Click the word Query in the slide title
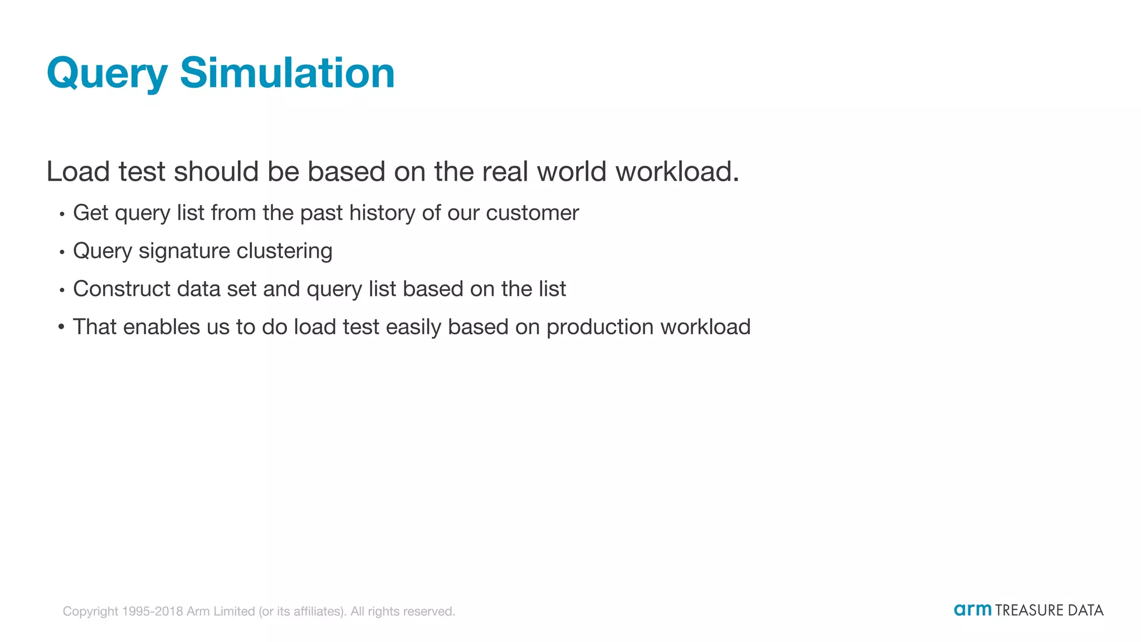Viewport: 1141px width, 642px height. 107,74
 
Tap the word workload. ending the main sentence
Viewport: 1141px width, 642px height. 677,171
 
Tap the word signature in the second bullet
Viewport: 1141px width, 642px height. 184,251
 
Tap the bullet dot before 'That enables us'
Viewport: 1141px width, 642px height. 61,327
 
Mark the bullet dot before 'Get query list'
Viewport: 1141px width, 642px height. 62,214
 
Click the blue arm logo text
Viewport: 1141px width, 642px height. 972,610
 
